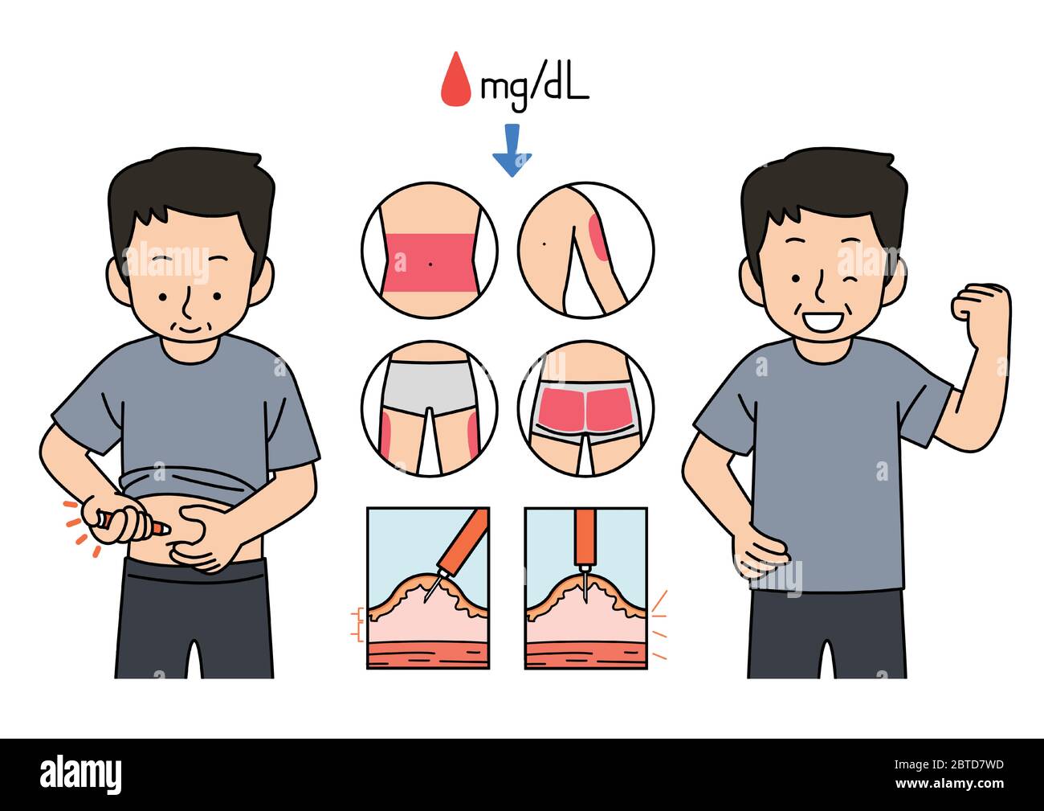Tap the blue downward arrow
(512, 150)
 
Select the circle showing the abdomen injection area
(430, 249)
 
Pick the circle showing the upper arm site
(585, 249)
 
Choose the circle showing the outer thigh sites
(430, 408)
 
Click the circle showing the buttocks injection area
(585, 408)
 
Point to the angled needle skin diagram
(428, 588)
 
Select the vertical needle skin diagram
(585, 588)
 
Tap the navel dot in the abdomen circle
(430, 264)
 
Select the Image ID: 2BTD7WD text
(949, 764)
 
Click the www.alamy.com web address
(949, 784)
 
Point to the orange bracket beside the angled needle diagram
(357, 625)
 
